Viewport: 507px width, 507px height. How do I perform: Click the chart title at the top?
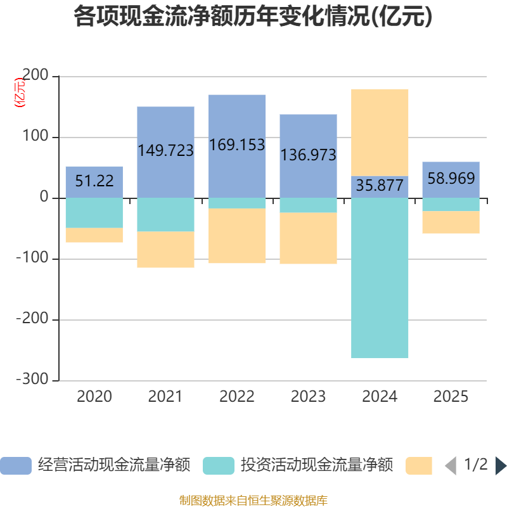tap(253, 16)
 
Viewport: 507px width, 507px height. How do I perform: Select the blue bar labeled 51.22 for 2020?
tap(94, 182)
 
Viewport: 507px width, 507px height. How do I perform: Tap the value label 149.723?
tap(165, 150)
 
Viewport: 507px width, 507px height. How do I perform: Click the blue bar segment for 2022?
tap(237, 146)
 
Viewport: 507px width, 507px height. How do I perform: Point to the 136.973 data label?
tap(308, 155)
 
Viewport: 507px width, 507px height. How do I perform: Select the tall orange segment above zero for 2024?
tap(380, 132)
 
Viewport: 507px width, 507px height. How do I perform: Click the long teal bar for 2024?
tap(380, 278)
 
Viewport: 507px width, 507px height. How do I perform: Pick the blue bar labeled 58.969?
tap(451, 180)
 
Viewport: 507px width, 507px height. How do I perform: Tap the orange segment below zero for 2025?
tap(451, 222)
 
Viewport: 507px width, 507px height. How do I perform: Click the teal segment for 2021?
tap(165, 215)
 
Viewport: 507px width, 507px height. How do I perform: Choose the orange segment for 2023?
tap(308, 238)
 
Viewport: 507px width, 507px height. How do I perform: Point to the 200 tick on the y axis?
tap(35, 75)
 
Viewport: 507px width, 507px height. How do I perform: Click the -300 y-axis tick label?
tap(32, 379)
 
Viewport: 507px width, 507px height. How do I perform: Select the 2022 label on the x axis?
tap(237, 397)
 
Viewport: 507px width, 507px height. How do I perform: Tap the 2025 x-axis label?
tap(451, 397)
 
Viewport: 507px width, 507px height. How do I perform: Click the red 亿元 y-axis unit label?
tap(20, 93)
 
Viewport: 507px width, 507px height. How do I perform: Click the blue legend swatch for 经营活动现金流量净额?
tap(16, 466)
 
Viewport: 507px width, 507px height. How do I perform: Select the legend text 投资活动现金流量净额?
tap(317, 465)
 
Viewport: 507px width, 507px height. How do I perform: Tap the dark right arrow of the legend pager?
tap(501, 466)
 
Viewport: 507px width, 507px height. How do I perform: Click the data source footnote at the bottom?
tap(253, 500)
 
